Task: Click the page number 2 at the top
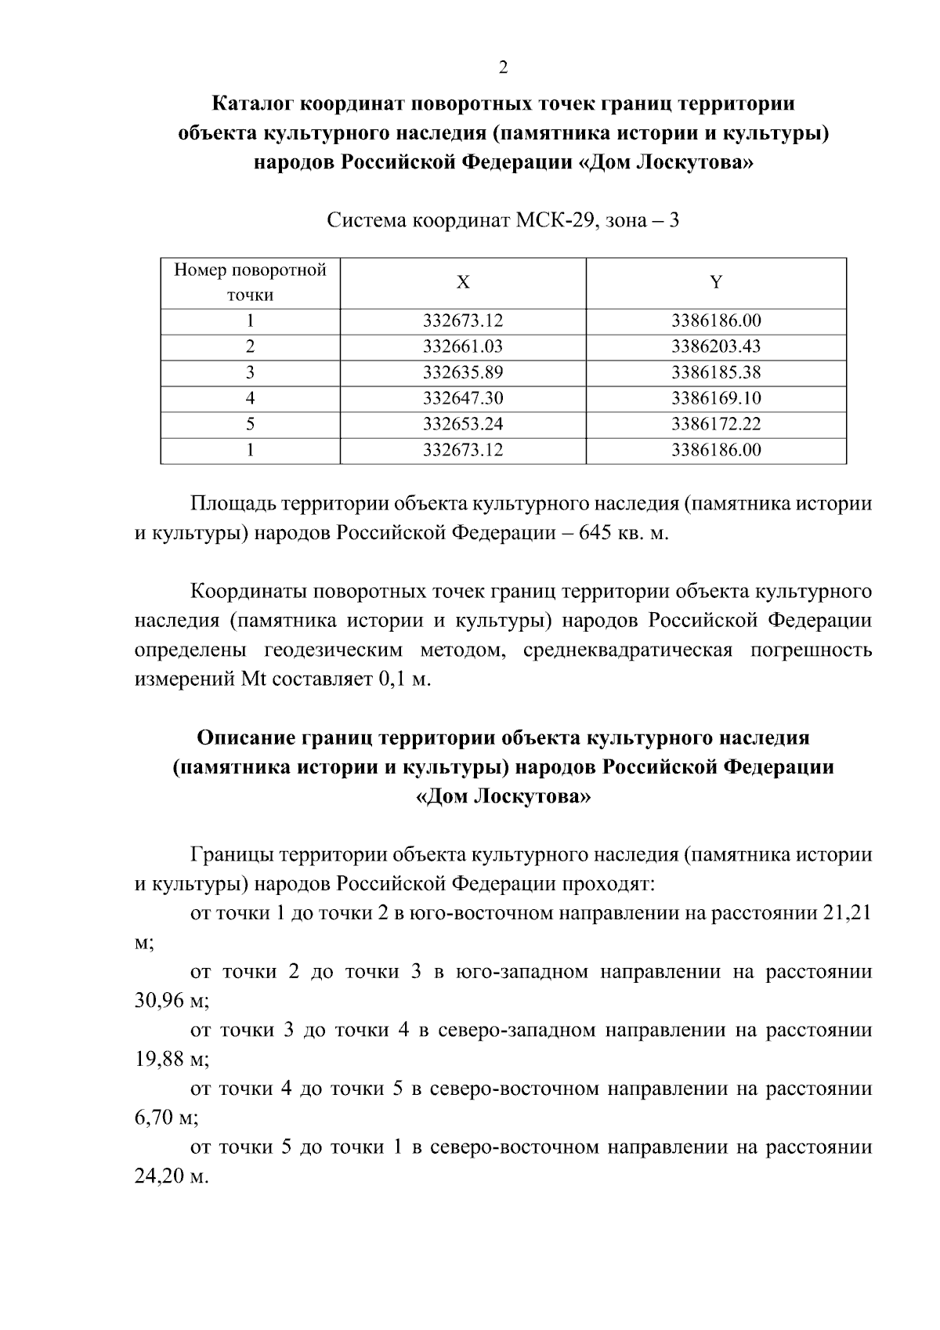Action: (503, 67)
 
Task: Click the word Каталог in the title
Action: (254, 103)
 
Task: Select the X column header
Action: (463, 283)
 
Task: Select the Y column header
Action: (716, 283)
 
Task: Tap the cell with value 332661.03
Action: (463, 346)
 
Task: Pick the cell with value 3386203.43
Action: (716, 346)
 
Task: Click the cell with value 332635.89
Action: (463, 372)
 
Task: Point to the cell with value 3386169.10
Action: (716, 398)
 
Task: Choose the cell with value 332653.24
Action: (463, 424)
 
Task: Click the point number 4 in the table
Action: (250, 398)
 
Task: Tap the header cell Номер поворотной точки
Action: (250, 283)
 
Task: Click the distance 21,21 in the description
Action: (848, 914)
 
